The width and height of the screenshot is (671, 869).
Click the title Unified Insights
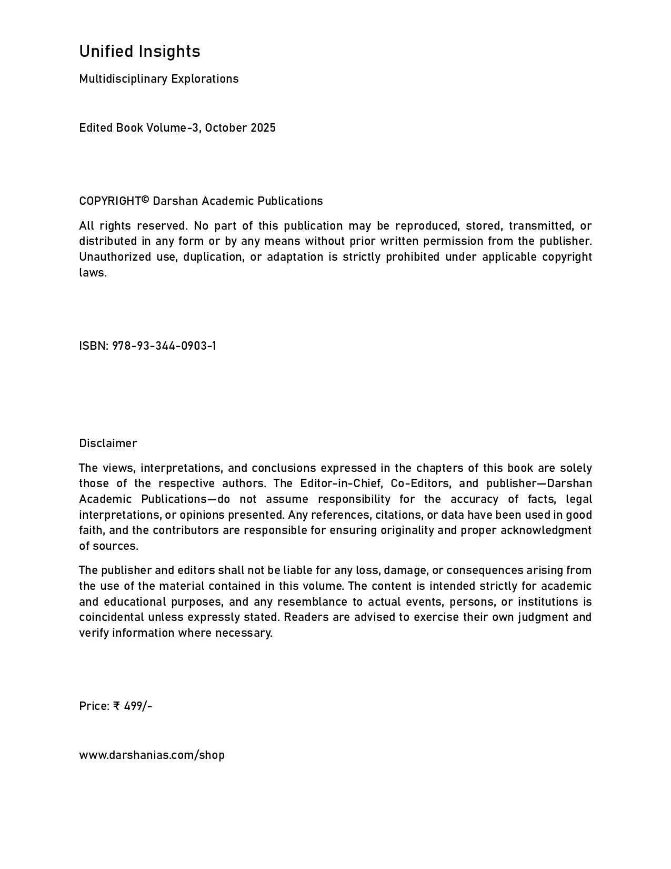(139, 52)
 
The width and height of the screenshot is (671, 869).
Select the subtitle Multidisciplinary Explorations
(158, 79)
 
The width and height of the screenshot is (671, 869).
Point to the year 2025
(263, 128)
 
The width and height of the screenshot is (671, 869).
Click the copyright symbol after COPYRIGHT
(146, 200)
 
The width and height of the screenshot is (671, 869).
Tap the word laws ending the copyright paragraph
(92, 273)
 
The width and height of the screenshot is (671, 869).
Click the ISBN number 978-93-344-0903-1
(164, 346)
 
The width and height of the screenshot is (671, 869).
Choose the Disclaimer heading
(108, 443)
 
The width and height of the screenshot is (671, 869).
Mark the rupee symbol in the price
(117, 706)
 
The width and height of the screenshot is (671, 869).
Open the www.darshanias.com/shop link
(152, 755)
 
